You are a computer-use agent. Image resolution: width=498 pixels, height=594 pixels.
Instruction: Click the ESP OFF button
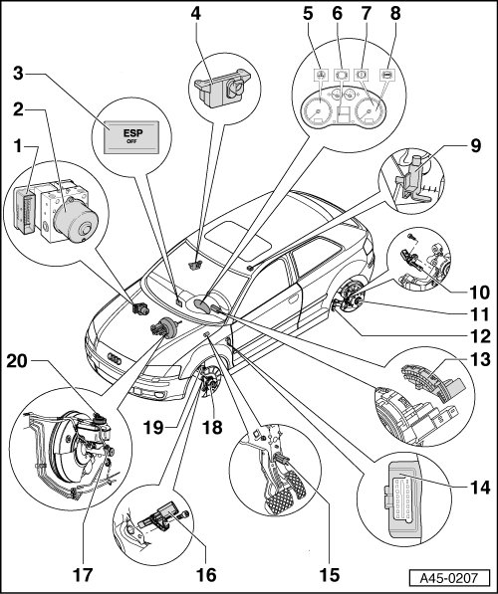click(x=131, y=137)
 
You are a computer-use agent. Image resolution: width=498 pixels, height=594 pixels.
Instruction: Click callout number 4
click(x=195, y=14)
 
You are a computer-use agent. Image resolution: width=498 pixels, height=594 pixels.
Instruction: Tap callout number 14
click(x=479, y=488)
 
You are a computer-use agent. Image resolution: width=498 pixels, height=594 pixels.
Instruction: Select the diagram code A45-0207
click(x=449, y=578)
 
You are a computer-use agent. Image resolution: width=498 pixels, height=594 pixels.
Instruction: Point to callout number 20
click(x=17, y=361)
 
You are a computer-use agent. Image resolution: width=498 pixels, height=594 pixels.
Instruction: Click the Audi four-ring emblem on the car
click(x=115, y=359)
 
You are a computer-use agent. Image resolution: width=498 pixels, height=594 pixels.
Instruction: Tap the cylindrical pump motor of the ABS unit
click(x=76, y=220)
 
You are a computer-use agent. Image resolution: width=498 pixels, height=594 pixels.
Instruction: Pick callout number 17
click(x=83, y=575)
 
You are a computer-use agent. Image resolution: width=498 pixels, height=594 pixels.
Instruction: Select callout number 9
click(x=476, y=146)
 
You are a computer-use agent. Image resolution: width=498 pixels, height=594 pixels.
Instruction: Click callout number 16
click(x=206, y=575)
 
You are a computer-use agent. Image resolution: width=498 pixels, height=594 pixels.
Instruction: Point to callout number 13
click(x=479, y=359)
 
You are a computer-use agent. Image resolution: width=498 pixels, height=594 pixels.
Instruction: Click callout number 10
click(x=479, y=293)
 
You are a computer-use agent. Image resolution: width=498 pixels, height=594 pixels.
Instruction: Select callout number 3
click(x=18, y=73)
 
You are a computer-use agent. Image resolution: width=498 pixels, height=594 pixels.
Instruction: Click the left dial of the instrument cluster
click(x=319, y=109)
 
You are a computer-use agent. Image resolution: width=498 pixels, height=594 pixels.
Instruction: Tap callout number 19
click(x=152, y=428)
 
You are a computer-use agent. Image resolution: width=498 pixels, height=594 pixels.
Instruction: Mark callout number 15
click(x=330, y=575)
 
